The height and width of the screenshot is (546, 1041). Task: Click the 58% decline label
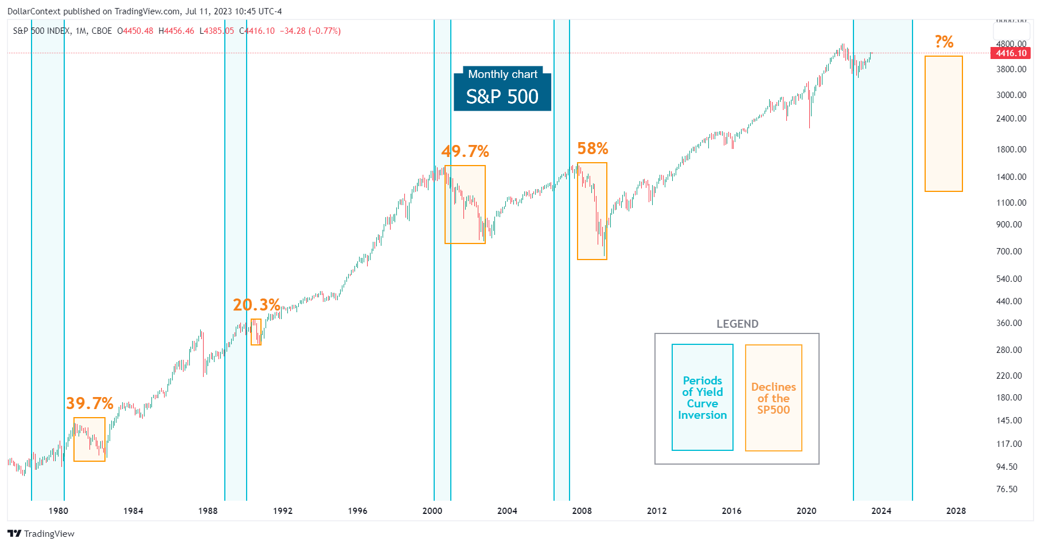click(592, 148)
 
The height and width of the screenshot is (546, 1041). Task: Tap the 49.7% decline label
click(465, 151)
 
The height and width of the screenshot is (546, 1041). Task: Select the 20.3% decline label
click(256, 305)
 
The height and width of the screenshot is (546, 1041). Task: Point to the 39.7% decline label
click(89, 403)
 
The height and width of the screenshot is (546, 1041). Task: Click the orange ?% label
click(943, 42)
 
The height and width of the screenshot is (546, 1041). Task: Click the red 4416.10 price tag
click(1011, 53)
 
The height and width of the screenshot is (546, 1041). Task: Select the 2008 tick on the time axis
click(582, 510)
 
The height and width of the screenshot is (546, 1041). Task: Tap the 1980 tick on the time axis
click(58, 510)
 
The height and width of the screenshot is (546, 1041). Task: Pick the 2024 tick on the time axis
click(881, 510)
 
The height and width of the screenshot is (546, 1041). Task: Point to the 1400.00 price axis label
click(1011, 177)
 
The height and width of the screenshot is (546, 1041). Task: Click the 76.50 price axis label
click(1007, 489)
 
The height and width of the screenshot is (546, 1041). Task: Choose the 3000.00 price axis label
click(1011, 95)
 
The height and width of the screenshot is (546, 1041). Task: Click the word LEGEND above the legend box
click(737, 324)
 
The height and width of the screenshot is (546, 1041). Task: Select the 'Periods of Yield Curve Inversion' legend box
click(703, 398)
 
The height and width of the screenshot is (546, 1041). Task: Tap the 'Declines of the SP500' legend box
click(773, 398)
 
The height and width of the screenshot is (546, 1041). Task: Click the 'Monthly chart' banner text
click(502, 74)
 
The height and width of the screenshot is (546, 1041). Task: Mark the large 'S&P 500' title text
click(502, 97)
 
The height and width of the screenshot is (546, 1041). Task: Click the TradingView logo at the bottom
click(41, 533)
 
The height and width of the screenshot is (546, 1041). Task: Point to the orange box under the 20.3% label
click(256, 332)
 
